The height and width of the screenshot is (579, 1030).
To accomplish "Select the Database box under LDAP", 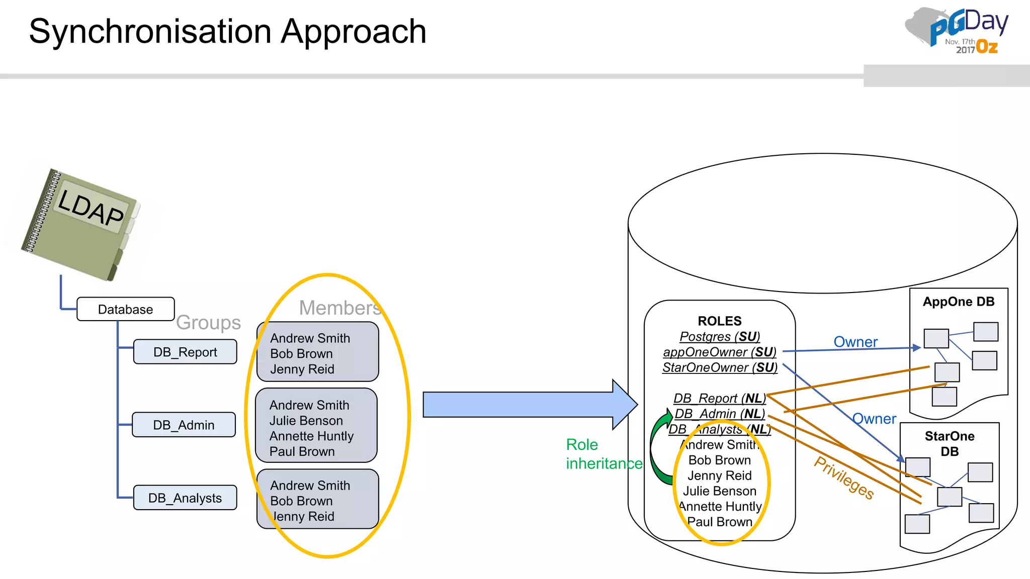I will [x=125, y=309].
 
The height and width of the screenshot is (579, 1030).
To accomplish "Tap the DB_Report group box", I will [x=185, y=352].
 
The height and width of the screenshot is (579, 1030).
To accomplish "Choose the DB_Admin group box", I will [x=184, y=425].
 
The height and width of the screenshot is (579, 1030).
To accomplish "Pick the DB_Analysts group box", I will [x=185, y=498].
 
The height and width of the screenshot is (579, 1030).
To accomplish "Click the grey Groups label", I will [x=208, y=322].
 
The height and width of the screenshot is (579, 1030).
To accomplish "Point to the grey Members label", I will [x=340, y=308].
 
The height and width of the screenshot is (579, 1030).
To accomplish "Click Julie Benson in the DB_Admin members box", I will [x=306, y=421].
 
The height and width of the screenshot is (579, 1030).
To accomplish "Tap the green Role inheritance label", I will [x=604, y=454].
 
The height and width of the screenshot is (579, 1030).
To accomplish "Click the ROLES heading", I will [x=719, y=321].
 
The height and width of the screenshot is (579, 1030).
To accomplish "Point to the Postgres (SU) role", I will [x=719, y=336].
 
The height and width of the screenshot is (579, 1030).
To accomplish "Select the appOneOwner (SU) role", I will [x=719, y=352].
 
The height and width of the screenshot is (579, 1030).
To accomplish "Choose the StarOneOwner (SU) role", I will [x=719, y=367].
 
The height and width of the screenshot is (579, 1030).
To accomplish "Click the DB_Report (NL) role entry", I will [x=719, y=398].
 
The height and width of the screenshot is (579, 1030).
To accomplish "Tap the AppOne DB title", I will [x=958, y=302].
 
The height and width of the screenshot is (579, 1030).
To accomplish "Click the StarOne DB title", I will [x=949, y=443].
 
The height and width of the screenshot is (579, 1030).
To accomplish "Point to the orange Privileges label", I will [x=844, y=477].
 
